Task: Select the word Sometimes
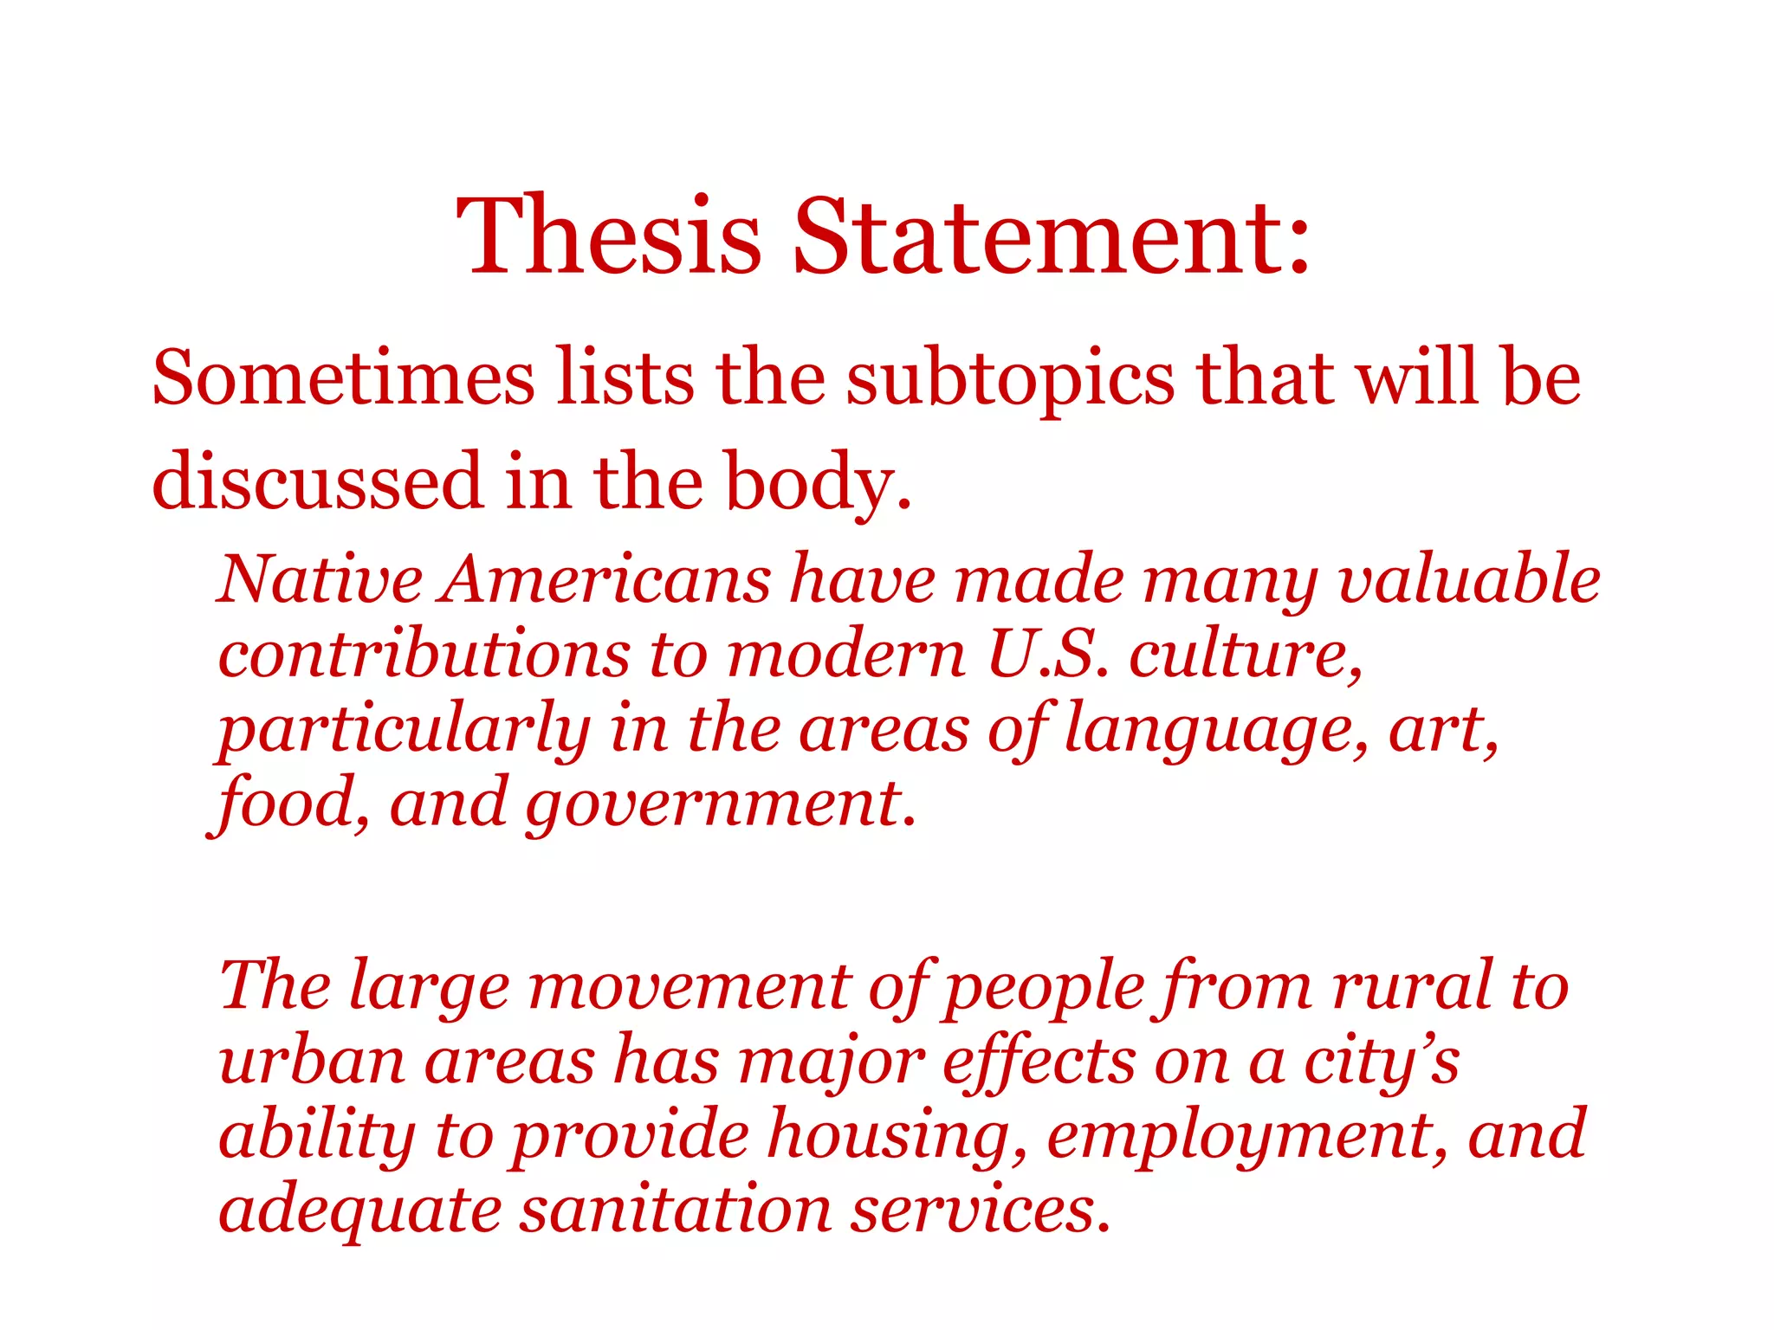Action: click(343, 378)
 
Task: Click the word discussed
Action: click(317, 481)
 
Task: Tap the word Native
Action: click(320, 578)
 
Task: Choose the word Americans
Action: click(605, 578)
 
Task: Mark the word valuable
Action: click(1469, 578)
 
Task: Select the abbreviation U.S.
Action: click(1047, 654)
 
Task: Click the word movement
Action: click(690, 987)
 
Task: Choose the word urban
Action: click(312, 1062)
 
